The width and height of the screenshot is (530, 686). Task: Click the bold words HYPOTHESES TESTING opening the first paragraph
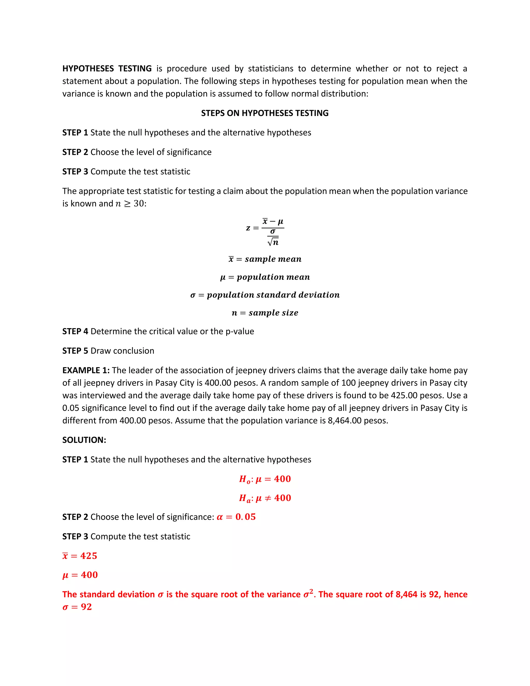(107, 69)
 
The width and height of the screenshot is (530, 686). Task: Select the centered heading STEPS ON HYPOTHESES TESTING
(265, 113)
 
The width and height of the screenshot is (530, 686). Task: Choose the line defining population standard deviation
(265, 295)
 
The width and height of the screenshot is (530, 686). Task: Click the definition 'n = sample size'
(265, 313)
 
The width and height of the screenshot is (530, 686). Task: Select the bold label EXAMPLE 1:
(86, 370)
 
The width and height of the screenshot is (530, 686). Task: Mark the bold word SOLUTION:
(84, 440)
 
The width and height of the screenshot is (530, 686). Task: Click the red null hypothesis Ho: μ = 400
(265, 479)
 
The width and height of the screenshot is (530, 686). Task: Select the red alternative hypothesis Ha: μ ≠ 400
(265, 498)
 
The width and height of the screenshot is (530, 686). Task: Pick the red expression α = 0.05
(236, 517)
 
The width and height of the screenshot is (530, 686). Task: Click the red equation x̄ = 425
(80, 556)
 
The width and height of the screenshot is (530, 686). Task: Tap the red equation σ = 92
(77, 607)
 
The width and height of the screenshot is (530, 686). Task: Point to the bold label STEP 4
(75, 331)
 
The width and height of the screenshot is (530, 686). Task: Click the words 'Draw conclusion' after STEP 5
(122, 351)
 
